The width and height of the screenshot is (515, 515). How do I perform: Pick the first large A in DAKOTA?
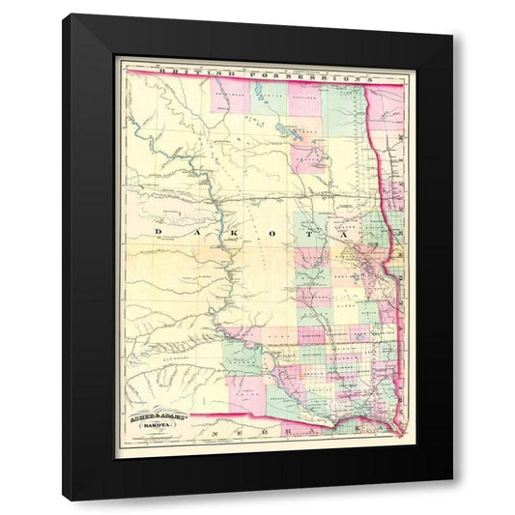coord(192,234)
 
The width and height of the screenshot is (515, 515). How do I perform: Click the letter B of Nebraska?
coord(259,432)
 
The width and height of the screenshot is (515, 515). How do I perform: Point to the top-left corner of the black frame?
coord(65,15)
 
